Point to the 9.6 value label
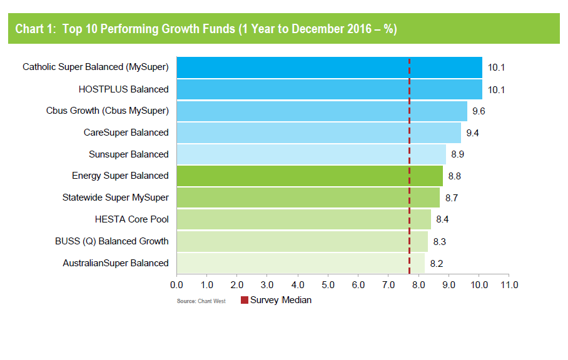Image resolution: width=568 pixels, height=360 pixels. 479,111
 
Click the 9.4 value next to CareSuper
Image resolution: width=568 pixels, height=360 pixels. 473,132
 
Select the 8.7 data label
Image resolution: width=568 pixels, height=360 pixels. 452,197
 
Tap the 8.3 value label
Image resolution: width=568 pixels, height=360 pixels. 440,241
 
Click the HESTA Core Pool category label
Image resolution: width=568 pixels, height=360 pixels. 131,219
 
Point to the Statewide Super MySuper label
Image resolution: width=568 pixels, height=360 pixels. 116,197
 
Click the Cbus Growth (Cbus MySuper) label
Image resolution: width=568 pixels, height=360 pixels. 108,111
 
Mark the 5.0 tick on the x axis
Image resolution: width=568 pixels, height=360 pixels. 328,285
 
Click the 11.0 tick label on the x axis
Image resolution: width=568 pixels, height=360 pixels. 509,285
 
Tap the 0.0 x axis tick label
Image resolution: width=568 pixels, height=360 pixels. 177,285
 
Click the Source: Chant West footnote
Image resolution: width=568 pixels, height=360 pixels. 201,301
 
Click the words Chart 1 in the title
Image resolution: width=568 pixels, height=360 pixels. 34,29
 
